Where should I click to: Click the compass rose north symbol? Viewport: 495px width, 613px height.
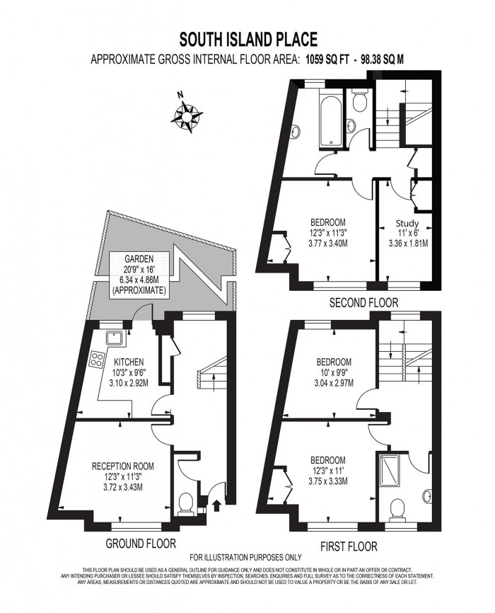187,115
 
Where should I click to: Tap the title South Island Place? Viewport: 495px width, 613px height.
248,40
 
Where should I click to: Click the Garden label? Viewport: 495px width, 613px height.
139,258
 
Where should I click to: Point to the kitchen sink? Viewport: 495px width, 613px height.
115,338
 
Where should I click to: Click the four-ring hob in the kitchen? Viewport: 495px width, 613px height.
98,360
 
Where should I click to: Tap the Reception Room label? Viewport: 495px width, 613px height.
122,466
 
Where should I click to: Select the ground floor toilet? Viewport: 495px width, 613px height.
185,503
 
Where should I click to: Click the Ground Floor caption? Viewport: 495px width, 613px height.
141,543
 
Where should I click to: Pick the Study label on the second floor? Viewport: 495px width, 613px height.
407,224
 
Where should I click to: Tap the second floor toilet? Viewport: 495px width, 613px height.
359,101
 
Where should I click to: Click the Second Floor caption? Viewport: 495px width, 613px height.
363,302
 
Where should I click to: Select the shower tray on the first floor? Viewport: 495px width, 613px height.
388,469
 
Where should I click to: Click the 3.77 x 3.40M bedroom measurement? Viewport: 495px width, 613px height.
328,244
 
